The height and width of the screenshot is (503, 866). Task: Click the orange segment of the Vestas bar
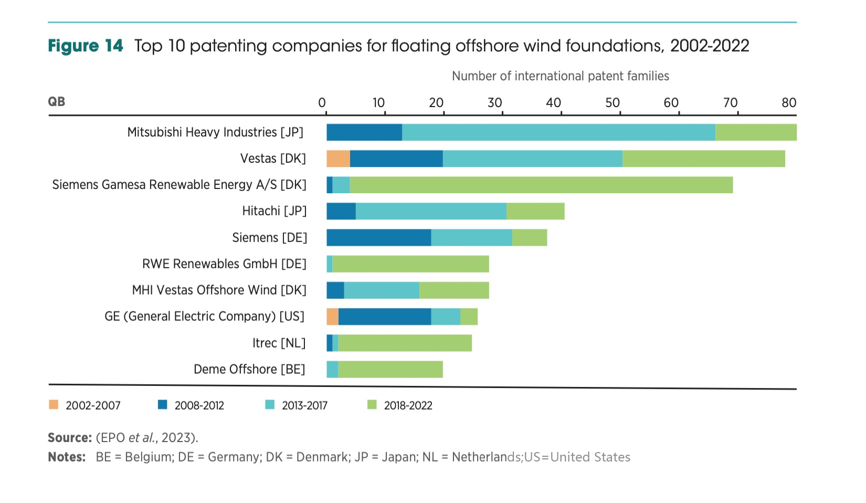pyautogui.click(x=338, y=159)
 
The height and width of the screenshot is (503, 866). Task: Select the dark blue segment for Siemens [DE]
pyautogui.click(x=378, y=238)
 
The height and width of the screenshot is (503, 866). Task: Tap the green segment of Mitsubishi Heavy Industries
pyautogui.click(x=756, y=132)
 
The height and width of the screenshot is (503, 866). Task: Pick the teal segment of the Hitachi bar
pyautogui.click(x=431, y=211)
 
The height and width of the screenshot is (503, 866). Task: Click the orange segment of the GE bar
pyautogui.click(x=332, y=317)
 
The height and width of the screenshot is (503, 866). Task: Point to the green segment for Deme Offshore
pyautogui.click(x=390, y=370)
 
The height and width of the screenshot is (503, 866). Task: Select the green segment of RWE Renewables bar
pyautogui.click(x=410, y=264)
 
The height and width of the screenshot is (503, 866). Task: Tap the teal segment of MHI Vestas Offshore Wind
pyautogui.click(x=382, y=290)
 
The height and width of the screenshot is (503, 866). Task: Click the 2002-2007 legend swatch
pyautogui.click(x=54, y=405)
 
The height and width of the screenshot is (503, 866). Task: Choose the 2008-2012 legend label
pyautogui.click(x=199, y=405)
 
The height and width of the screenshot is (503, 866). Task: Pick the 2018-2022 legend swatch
pyautogui.click(x=372, y=405)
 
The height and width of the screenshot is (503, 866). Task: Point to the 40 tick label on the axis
pyautogui.click(x=553, y=102)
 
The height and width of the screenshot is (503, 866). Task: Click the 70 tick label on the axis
pyautogui.click(x=730, y=102)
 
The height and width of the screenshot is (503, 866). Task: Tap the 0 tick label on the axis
pyautogui.click(x=322, y=102)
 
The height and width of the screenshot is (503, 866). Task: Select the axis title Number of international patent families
pyautogui.click(x=560, y=76)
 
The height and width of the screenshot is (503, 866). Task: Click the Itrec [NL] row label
pyautogui.click(x=279, y=343)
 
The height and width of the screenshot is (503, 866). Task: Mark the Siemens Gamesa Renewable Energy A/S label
pyautogui.click(x=179, y=185)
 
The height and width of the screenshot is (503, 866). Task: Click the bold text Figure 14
pyautogui.click(x=86, y=46)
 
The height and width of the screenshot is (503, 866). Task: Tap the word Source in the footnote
pyautogui.click(x=69, y=438)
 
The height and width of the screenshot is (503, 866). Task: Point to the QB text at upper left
pyautogui.click(x=57, y=101)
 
